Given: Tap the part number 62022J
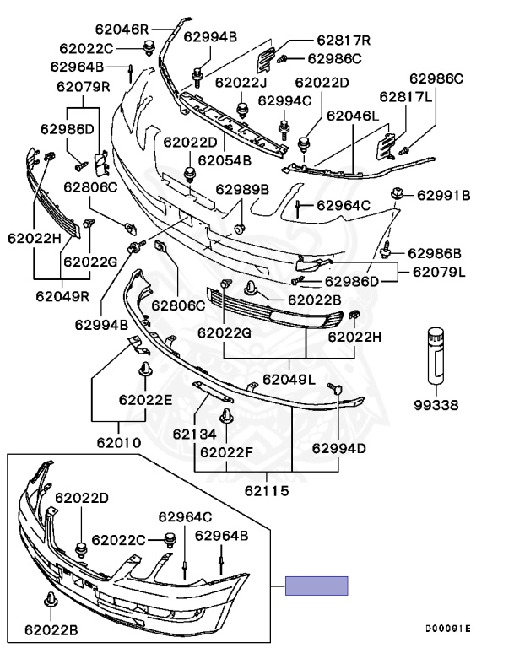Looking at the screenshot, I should [x=241, y=83].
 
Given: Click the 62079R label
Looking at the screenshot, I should [x=84, y=86].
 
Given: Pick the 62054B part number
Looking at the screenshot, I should [x=225, y=160].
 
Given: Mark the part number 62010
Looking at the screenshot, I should [x=118, y=441].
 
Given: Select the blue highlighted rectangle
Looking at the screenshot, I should [x=317, y=586].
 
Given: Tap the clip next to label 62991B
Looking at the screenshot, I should [x=397, y=196].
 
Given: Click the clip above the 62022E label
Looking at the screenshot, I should [x=144, y=372].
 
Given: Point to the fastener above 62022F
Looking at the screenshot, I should [x=227, y=418].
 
